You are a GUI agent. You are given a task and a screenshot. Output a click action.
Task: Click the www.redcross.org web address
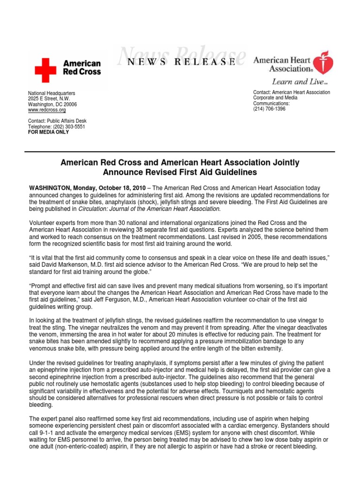click(x=47, y=110)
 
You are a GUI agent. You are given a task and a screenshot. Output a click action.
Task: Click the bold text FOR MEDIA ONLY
click(x=48, y=132)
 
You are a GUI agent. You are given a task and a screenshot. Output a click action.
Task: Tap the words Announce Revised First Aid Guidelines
click(x=180, y=172)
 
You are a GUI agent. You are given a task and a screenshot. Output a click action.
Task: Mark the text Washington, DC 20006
click(x=52, y=105)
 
